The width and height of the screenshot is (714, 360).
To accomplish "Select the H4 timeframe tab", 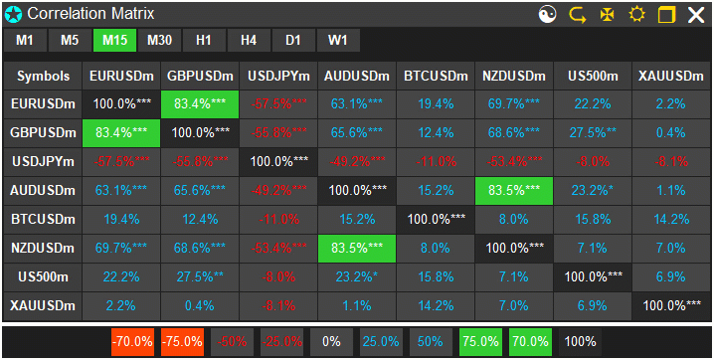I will [x=249, y=40].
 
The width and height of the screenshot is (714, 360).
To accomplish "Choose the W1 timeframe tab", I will [x=338, y=40].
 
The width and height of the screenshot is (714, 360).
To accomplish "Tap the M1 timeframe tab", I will [x=25, y=40].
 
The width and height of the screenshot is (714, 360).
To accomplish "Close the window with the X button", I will [x=695, y=15].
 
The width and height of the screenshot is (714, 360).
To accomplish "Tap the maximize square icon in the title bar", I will [x=666, y=15].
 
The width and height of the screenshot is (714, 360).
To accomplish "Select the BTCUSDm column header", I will [x=436, y=77].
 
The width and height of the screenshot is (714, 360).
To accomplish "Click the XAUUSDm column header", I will [x=671, y=77].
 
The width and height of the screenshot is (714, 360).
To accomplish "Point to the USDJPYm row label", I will [x=44, y=161].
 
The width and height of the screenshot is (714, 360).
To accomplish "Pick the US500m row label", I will [x=44, y=276].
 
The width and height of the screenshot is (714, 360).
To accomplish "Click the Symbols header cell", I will [x=44, y=77].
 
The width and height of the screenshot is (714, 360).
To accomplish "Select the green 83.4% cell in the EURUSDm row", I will [x=200, y=103].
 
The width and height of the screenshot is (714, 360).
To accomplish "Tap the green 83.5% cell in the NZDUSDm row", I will [x=357, y=248].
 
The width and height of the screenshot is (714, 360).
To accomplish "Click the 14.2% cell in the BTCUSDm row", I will [x=671, y=219].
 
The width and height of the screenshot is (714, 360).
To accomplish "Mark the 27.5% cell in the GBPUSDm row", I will [x=593, y=132].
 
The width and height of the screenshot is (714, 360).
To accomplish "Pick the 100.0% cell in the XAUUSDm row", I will [x=671, y=305].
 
